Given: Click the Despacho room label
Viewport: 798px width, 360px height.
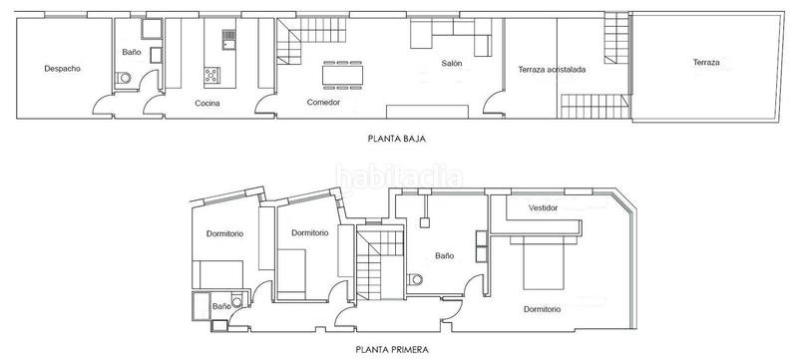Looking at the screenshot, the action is [x=62, y=69].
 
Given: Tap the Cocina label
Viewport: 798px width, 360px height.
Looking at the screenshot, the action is [x=207, y=104].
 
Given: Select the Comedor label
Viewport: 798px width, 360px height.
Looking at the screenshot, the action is [x=323, y=102].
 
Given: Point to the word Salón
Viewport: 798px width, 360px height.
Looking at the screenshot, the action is [x=452, y=64].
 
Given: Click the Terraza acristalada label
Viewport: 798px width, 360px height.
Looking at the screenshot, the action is [x=552, y=70].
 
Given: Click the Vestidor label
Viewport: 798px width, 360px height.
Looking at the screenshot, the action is [x=543, y=208].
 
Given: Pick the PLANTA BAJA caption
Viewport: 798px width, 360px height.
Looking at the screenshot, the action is [x=396, y=139].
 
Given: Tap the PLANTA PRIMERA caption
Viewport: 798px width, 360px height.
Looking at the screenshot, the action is [x=392, y=350].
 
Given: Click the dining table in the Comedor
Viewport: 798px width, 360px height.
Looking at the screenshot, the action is [x=342, y=75].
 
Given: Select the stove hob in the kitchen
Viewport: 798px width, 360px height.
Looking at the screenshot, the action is [x=211, y=75].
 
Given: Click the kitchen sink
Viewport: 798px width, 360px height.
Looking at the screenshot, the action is [x=228, y=40].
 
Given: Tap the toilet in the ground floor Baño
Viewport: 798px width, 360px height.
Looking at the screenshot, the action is [x=123, y=78].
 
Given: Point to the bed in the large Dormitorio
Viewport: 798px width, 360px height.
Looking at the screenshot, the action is [x=544, y=263].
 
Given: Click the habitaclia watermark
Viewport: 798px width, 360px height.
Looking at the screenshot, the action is [x=399, y=178].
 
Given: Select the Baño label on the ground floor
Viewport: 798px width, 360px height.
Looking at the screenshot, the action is [x=132, y=52].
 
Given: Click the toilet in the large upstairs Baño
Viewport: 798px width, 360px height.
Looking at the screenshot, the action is [x=415, y=279].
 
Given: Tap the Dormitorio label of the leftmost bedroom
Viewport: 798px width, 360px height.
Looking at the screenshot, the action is [x=224, y=234].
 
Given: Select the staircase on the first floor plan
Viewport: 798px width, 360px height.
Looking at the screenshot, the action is [x=380, y=264].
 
